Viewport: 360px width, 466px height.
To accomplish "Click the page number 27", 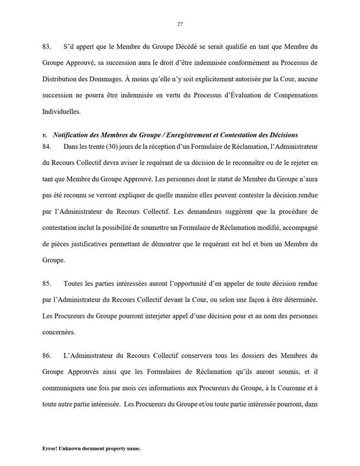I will click(179, 24).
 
